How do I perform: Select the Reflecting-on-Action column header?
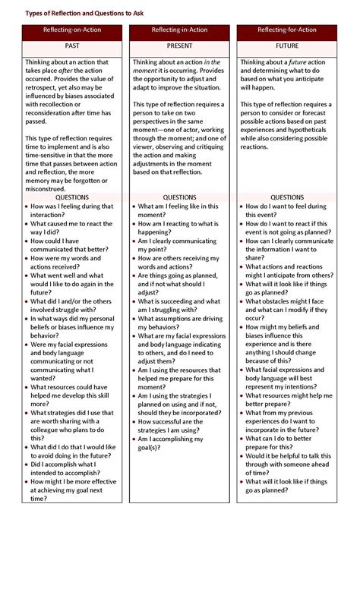pyautogui.click(x=72, y=31)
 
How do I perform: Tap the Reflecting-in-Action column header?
pyautogui.click(x=179, y=31)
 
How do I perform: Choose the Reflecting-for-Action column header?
pyautogui.click(x=287, y=31)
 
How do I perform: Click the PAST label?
pyautogui.click(x=72, y=46)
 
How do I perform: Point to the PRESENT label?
pyautogui.click(x=179, y=46)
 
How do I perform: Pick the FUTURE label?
pyautogui.click(x=287, y=46)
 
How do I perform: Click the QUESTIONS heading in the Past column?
pyautogui.click(x=72, y=197)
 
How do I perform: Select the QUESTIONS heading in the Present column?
pyautogui.click(x=179, y=197)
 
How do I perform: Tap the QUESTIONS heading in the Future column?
pyautogui.click(x=287, y=197)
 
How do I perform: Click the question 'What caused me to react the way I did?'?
pyautogui.click(x=71, y=228)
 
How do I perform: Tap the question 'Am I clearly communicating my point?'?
pyautogui.click(x=179, y=246)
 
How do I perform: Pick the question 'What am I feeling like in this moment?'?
pyautogui.click(x=178, y=211)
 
